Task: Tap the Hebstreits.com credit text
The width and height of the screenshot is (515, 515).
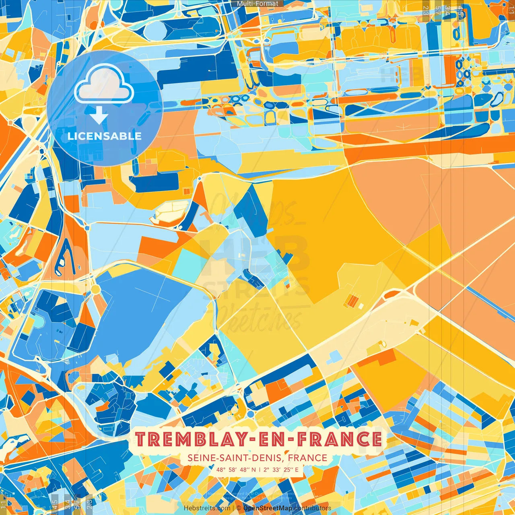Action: tap(207, 508)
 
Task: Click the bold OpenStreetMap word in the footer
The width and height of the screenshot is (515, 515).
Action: tap(268, 508)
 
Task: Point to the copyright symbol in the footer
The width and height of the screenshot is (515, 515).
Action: tap(239, 508)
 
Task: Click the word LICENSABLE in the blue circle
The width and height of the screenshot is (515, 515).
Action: tap(104, 136)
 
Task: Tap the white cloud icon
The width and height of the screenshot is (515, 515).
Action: tap(104, 84)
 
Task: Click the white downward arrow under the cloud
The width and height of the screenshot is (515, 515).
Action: tap(99, 116)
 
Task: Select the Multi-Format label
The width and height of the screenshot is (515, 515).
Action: tap(257, 4)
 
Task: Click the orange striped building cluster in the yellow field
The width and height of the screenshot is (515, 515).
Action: tap(352, 301)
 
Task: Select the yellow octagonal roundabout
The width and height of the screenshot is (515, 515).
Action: tap(95, 289)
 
